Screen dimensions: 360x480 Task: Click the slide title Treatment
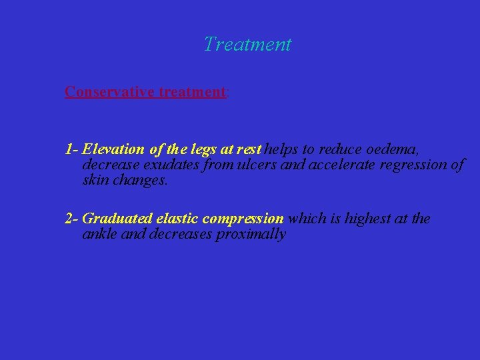[x=247, y=45]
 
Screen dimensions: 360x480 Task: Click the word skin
[x=96, y=179]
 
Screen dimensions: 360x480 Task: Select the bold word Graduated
[x=117, y=219]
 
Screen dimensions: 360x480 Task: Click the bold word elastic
[x=177, y=219]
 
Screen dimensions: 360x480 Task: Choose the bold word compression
[x=243, y=219]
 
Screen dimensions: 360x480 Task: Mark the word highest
[x=369, y=219]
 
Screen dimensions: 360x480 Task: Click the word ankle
[x=99, y=234]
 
